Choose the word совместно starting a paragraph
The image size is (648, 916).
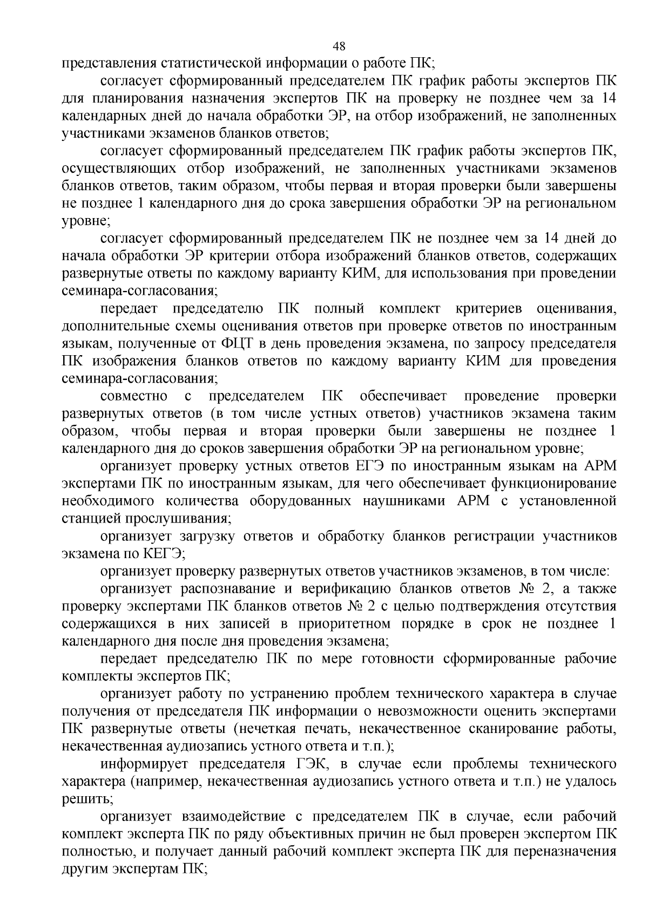134,396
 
